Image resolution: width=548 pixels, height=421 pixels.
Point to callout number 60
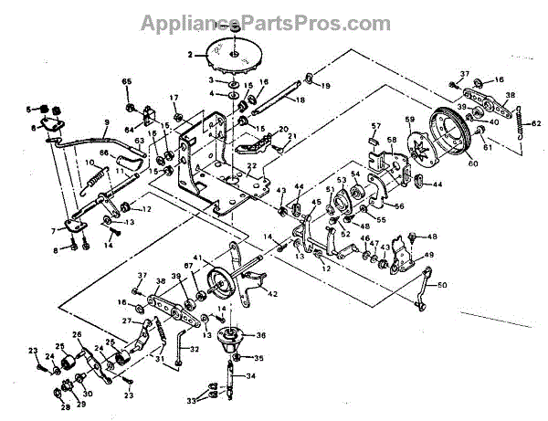[x=473, y=164]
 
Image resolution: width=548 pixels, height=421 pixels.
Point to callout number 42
[x=273, y=294]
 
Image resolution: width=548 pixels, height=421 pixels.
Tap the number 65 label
[x=127, y=83]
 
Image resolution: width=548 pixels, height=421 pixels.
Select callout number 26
[x=76, y=335]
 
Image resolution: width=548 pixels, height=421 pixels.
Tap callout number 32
[x=195, y=349]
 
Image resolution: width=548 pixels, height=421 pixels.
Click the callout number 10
[x=90, y=162]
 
